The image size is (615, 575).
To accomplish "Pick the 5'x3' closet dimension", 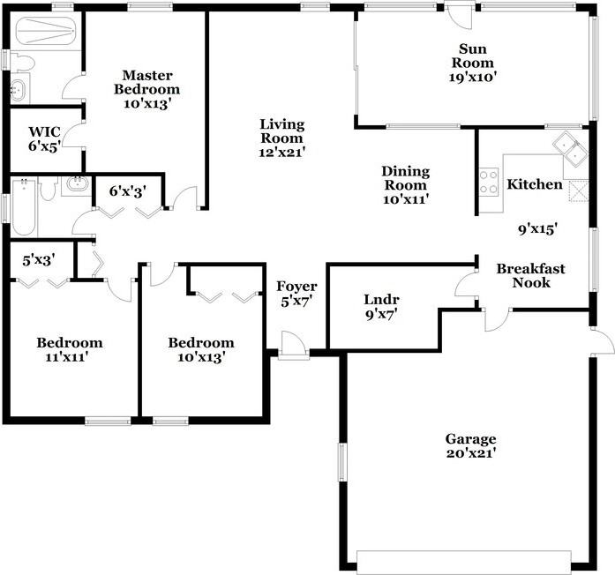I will coord(40,260).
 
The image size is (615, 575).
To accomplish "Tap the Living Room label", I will coord(281,131).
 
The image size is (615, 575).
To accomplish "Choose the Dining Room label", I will coord(405,178).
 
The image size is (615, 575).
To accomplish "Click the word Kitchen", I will coord(534,185).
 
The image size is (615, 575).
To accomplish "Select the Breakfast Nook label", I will coord(530,275).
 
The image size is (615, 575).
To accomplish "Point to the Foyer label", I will coord(296,287).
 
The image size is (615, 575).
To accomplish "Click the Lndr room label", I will coord(381,299).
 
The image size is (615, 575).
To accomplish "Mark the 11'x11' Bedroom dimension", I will coord(69,357).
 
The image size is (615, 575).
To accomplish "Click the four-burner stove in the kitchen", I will coord(488,182).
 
